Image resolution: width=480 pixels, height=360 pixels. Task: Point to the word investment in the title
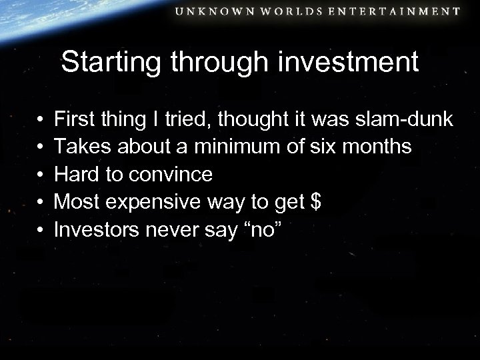coord(359,63)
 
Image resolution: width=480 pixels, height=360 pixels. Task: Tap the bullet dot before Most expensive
coord(41,203)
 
